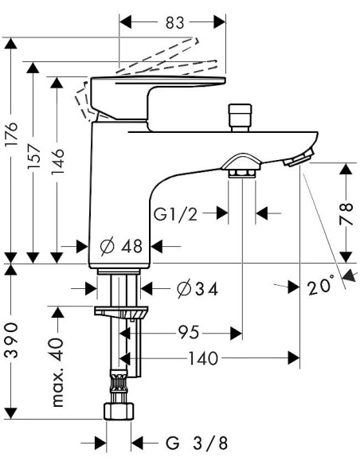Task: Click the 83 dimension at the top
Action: click(x=175, y=22)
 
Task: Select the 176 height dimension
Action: click(x=12, y=134)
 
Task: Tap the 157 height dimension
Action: click(x=33, y=157)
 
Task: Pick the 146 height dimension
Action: click(x=57, y=162)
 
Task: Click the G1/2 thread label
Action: click(x=175, y=214)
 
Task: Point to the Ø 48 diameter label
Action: click(x=121, y=246)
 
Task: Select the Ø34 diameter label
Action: click(x=198, y=289)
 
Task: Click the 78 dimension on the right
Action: click(x=346, y=213)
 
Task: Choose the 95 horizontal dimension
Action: click(x=189, y=333)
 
